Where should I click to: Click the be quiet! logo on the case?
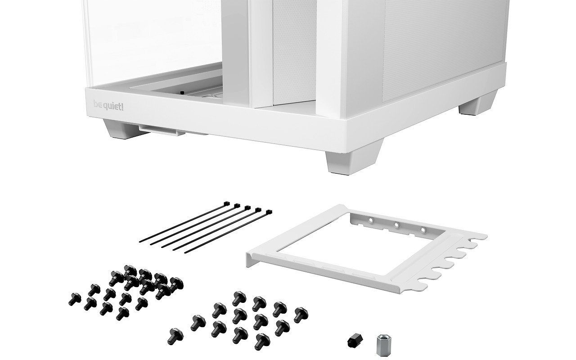108,105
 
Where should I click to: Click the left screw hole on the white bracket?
371,220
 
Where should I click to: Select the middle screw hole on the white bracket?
396,225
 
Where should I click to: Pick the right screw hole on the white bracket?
423,229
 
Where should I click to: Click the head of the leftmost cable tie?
226,204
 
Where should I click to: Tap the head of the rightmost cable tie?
269,212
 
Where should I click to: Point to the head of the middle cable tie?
247,207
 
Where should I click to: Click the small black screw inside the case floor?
182,92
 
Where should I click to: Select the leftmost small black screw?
75,299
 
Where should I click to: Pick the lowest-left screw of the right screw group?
175,336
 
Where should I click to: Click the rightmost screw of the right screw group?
301,315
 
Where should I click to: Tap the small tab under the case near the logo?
162,130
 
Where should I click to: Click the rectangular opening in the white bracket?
360,247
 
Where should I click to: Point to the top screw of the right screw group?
239,298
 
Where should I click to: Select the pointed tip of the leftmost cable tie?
140,242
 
